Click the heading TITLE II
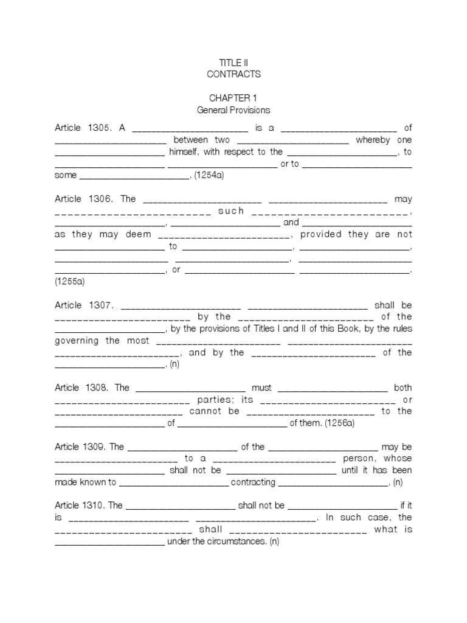tap(233, 63)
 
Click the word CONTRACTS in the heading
tap(233, 74)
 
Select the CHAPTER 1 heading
tap(233, 99)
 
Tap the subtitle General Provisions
tap(233, 110)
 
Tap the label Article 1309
tap(81, 447)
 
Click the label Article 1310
tap(81, 506)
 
